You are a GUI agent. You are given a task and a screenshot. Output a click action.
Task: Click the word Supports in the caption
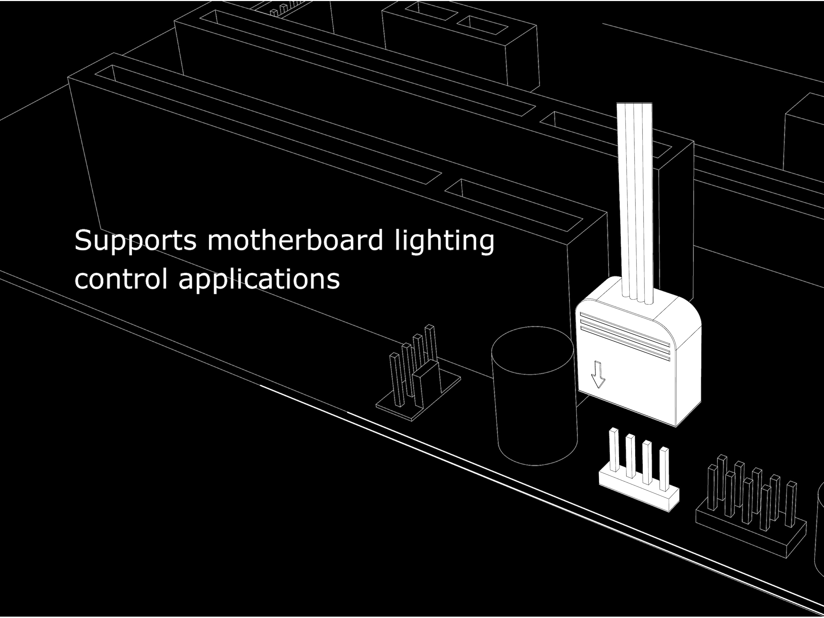(135, 241)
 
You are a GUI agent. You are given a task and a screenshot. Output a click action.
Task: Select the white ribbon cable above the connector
(634, 194)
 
